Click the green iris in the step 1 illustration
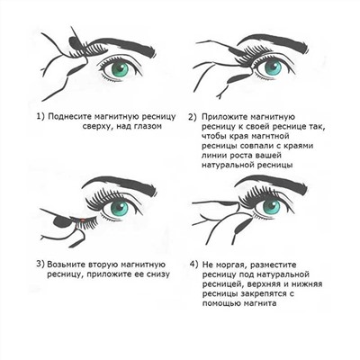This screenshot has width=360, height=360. click(x=115, y=68)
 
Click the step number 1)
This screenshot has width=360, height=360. click(x=41, y=117)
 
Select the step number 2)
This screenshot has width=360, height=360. click(x=193, y=117)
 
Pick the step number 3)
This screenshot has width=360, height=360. click(x=41, y=263)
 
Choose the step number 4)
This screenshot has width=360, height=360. click(x=195, y=263)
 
